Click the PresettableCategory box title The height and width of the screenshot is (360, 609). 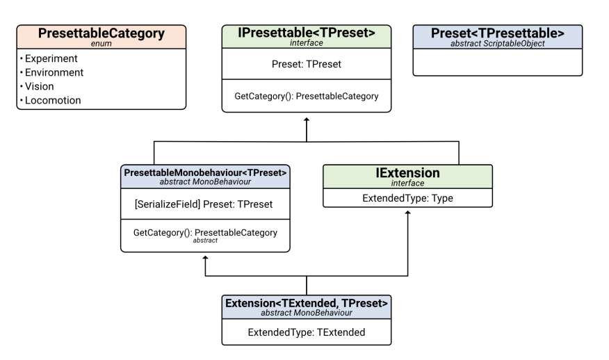pos(101,33)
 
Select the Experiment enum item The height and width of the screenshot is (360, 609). pos(51,58)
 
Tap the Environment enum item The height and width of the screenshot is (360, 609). pos(54,72)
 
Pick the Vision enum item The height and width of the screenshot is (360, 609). pos(39,86)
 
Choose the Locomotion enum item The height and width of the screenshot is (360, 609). pos(53,100)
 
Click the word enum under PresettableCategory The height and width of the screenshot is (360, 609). pos(101,44)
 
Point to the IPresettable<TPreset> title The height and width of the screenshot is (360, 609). pos(307,33)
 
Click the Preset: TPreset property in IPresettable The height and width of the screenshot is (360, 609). pos(307,64)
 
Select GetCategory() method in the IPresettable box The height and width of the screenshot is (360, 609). pos(307,96)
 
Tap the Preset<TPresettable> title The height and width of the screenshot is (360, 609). pos(498,33)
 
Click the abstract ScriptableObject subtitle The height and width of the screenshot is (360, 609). pos(498,44)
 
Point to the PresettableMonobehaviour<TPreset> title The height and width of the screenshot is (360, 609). pos(205,173)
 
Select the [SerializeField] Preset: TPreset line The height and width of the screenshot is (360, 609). pos(204,204)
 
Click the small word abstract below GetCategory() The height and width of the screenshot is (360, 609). pos(205,240)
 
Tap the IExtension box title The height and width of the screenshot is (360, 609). pos(408,173)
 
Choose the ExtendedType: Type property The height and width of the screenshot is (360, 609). pos(408,198)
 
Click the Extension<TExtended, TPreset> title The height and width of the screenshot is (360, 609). pos(307,303)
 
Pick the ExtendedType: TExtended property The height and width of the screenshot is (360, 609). pos(307,332)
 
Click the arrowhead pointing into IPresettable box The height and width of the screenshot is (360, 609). pos(307,120)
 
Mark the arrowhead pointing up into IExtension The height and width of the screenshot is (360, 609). pos(408,213)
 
